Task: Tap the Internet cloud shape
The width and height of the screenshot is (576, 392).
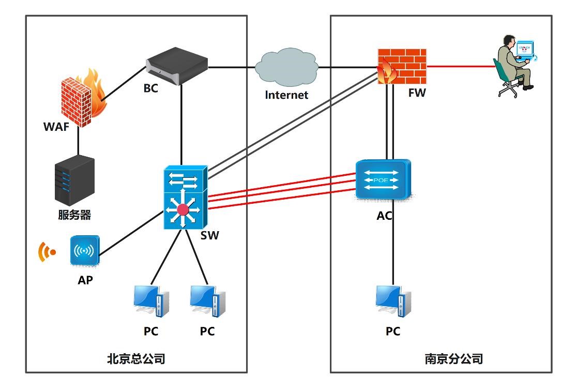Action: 287,67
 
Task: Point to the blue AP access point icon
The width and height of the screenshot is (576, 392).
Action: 84,251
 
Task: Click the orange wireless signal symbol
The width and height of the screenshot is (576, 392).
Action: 47,252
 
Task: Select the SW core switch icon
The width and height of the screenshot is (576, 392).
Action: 185,199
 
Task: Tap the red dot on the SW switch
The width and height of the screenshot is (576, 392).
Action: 183,210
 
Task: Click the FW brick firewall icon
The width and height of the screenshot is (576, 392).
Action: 401,66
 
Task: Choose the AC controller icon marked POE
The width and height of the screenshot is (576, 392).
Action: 383,179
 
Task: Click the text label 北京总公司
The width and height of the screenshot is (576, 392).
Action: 136,358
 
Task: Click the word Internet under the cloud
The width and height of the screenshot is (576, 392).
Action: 286,95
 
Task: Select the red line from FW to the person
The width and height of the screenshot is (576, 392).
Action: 460,66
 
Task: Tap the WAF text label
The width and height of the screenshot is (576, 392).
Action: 56,127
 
